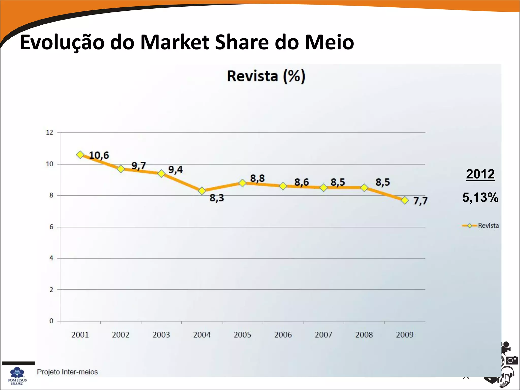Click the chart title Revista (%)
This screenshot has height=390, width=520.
pyautogui.click(x=266, y=76)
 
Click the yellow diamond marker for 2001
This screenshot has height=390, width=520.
pyautogui.click(x=80, y=155)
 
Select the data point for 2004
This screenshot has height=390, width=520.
pyautogui.click(x=202, y=191)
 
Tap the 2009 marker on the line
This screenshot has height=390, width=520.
pyautogui.click(x=405, y=200)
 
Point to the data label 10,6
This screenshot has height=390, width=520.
pyautogui.click(x=99, y=155)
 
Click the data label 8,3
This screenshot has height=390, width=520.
pyautogui.click(x=217, y=198)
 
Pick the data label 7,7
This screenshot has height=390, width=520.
pyautogui.click(x=420, y=201)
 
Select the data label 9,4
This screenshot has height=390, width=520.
pyautogui.click(x=175, y=170)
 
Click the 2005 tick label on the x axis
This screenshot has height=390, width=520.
pyautogui.click(x=242, y=335)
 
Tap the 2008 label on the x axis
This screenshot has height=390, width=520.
pyautogui.click(x=364, y=335)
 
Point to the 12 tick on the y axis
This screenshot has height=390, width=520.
pyautogui.click(x=50, y=132)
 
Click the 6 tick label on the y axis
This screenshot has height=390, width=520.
pyautogui.click(x=51, y=227)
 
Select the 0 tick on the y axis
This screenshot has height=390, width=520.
pyautogui.click(x=51, y=321)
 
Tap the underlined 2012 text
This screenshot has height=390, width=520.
pyautogui.click(x=480, y=174)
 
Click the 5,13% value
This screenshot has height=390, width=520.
pyautogui.click(x=480, y=198)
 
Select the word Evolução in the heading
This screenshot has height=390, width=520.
pyautogui.click(x=62, y=42)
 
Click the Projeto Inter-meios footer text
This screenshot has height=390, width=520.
pyautogui.click(x=67, y=372)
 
